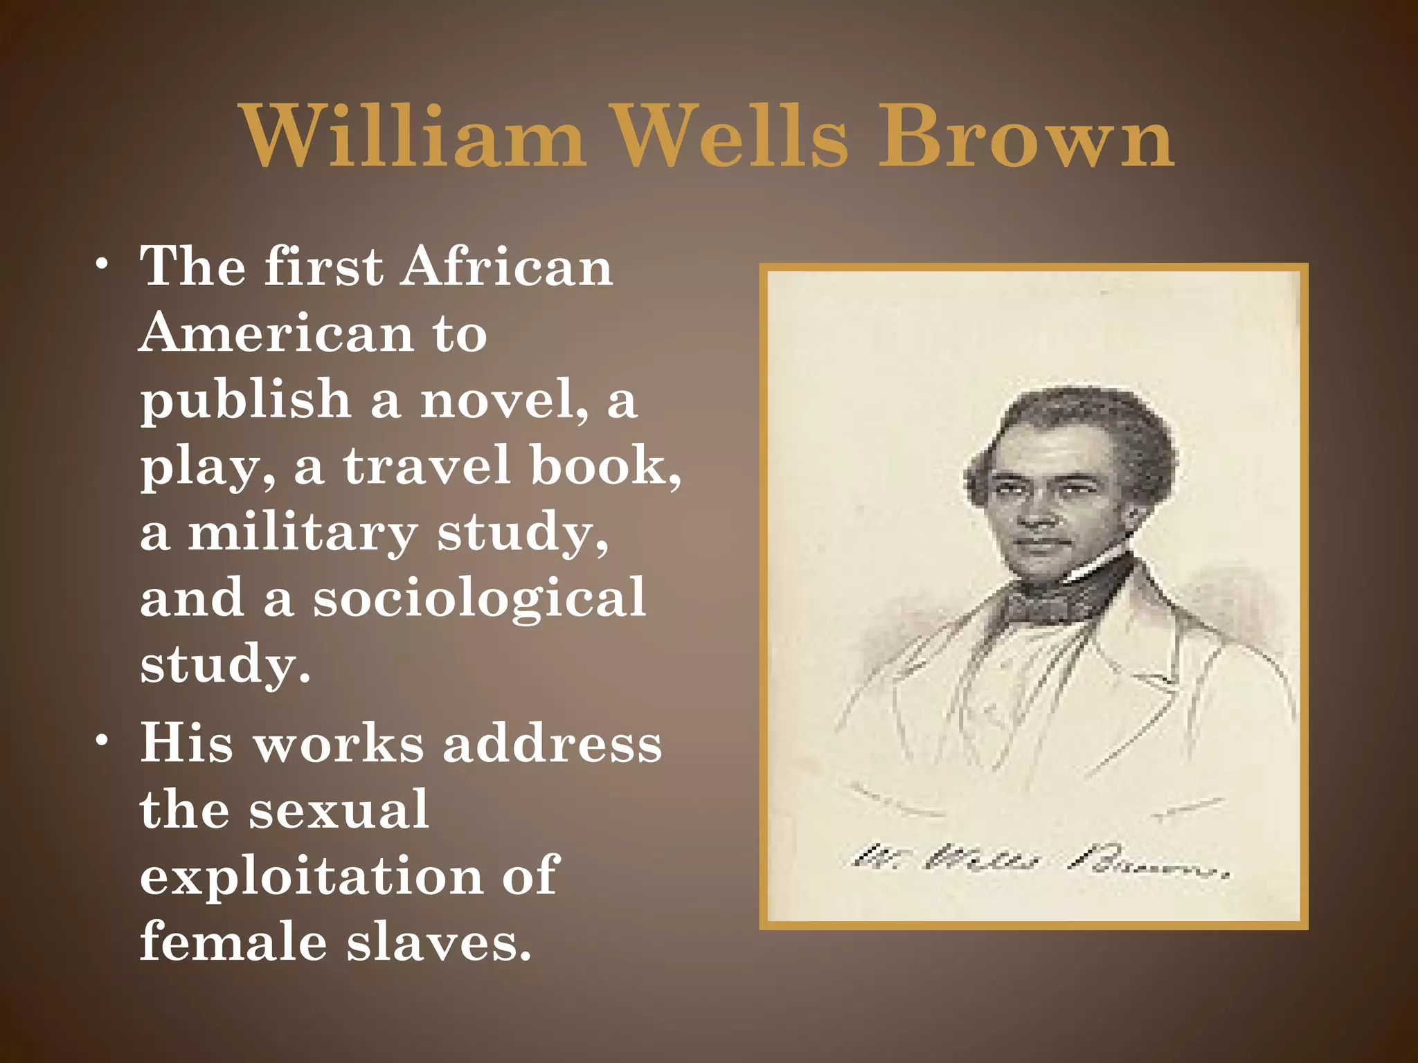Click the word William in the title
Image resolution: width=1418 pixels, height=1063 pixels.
pos(413,136)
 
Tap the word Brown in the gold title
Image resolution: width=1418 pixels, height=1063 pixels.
pos(1026,136)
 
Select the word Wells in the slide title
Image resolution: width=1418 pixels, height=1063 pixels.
pos(730,136)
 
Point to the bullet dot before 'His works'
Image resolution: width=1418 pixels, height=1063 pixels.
pos(102,741)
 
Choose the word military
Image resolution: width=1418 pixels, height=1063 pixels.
pos(303,532)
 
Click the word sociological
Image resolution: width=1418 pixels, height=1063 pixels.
pos(479,598)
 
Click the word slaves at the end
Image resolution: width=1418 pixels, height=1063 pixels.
pos(439,942)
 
